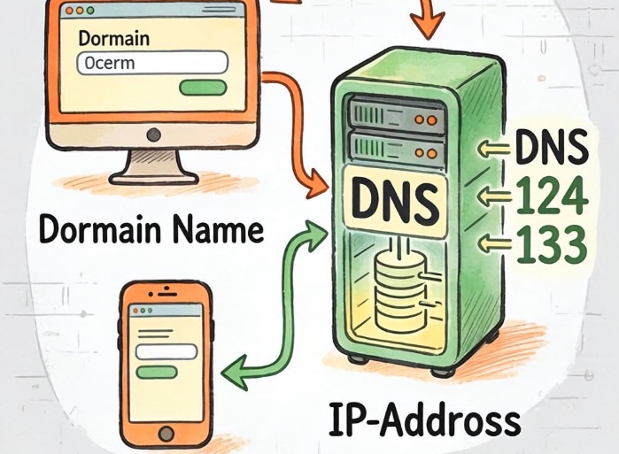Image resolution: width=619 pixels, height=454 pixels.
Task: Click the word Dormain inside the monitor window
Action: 114,39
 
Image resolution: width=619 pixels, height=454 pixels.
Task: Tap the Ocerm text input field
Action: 152,63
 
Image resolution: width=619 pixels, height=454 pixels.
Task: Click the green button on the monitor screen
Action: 203,87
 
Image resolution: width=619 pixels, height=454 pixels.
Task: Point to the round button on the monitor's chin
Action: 153,135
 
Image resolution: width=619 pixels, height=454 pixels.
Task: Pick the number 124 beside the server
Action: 552,196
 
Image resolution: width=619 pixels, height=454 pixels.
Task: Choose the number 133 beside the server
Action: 552,245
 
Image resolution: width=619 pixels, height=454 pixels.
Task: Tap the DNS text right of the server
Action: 552,146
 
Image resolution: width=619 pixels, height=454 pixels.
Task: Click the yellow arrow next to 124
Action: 494,196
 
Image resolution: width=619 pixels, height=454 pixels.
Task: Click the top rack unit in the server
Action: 397,115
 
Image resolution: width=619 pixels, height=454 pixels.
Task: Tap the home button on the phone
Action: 166,434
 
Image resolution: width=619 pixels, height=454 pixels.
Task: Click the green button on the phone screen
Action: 157,372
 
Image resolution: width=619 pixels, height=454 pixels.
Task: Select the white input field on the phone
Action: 166,351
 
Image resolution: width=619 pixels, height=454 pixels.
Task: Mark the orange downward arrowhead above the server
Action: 427,25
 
